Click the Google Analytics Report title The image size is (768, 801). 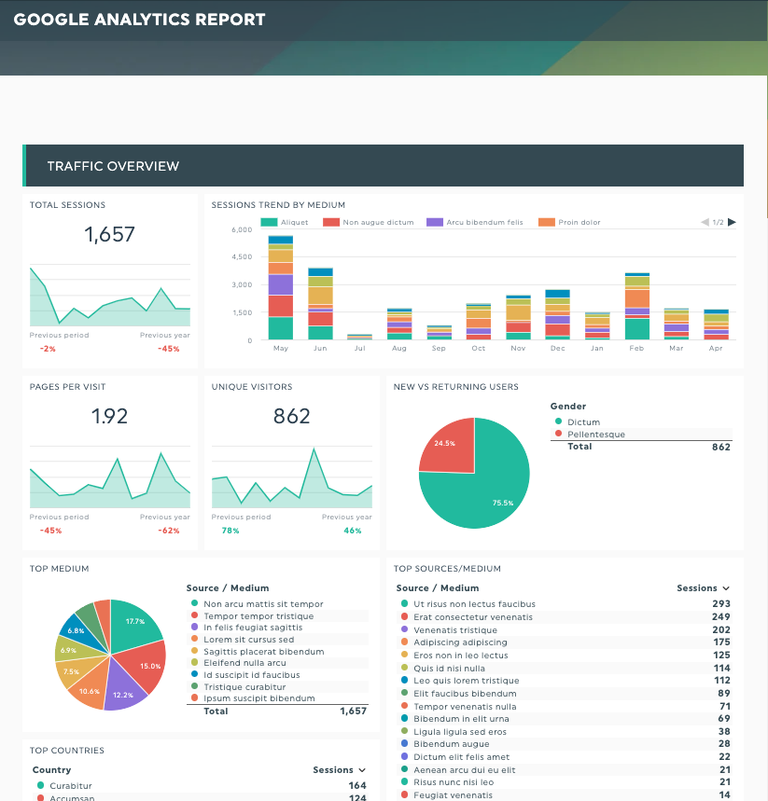tap(139, 20)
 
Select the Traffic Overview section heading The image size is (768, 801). tap(113, 166)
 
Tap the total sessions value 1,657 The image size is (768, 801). tap(110, 234)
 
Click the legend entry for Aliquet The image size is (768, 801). tap(286, 223)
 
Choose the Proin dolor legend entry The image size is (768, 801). tap(570, 223)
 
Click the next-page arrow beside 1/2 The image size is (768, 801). tap(732, 222)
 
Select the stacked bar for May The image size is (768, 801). tap(281, 289)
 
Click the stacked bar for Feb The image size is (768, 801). tap(637, 308)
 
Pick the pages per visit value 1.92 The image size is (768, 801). tap(110, 416)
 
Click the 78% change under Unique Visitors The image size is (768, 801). tap(230, 531)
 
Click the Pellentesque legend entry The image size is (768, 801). tap(596, 435)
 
